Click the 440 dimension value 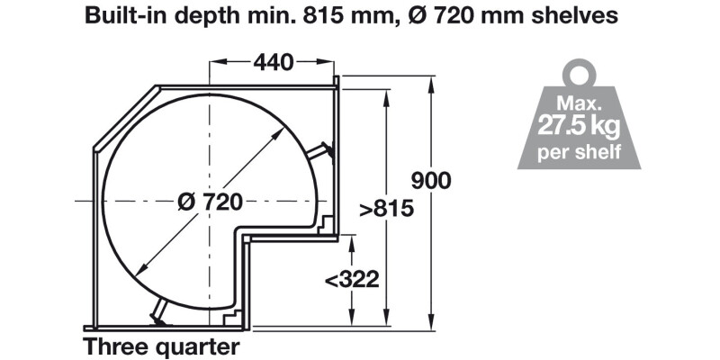click(x=274, y=62)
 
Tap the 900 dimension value click(x=431, y=181)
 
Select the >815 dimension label click(x=387, y=209)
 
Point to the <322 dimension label click(x=352, y=279)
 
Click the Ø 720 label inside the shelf click(x=211, y=202)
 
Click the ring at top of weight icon click(x=579, y=75)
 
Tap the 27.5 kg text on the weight click(x=579, y=127)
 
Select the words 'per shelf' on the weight click(x=579, y=151)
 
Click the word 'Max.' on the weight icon click(x=579, y=103)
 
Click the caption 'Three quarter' click(x=161, y=347)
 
